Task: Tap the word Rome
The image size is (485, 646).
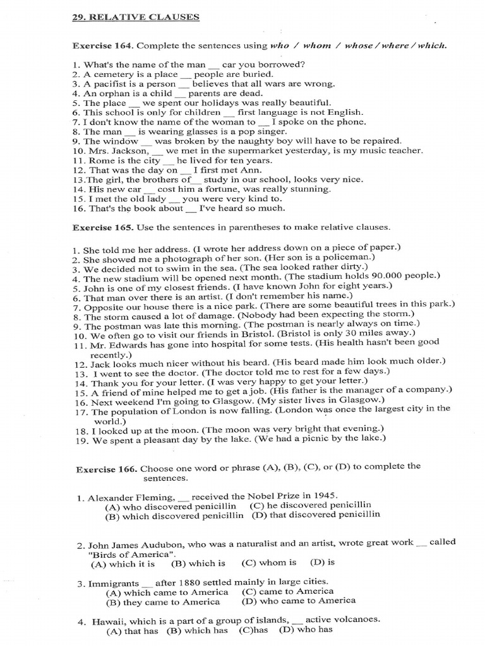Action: click(x=96, y=160)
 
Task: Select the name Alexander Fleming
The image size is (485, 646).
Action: click(x=125, y=496)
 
